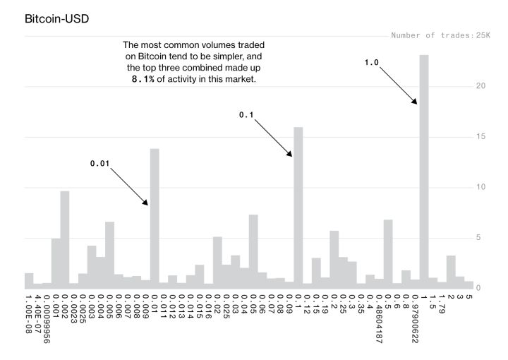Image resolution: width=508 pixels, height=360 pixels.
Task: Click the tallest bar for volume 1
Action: coord(424,169)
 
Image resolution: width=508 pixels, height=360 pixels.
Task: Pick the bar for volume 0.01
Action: coord(155,219)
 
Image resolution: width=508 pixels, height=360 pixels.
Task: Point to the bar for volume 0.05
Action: coord(253,251)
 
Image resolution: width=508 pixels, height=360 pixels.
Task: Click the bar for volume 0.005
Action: coord(109,255)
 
